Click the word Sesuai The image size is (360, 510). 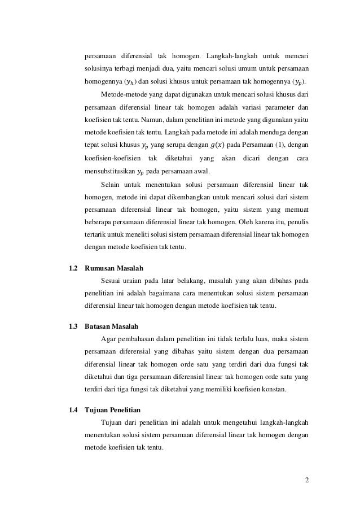pyautogui.click(x=111, y=281)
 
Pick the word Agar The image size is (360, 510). pyautogui.click(x=107, y=339)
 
